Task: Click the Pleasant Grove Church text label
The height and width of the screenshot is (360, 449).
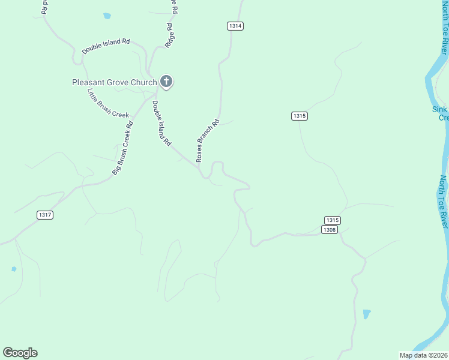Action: pyautogui.click(x=114, y=82)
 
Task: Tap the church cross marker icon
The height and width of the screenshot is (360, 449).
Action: pyautogui.click(x=166, y=82)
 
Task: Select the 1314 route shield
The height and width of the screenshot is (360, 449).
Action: pyautogui.click(x=235, y=26)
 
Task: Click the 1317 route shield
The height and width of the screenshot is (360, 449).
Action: pyautogui.click(x=44, y=215)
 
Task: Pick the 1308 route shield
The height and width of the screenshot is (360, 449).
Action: pyautogui.click(x=329, y=230)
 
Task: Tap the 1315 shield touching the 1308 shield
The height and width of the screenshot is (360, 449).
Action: pyautogui.click(x=333, y=220)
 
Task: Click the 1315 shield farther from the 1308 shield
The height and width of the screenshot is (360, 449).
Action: pyautogui.click(x=300, y=116)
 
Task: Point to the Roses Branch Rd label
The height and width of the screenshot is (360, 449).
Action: pyautogui.click(x=207, y=140)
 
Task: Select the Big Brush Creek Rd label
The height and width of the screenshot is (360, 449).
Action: pyautogui.click(x=122, y=148)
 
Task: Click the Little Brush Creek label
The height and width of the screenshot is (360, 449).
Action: pyautogui.click(x=108, y=103)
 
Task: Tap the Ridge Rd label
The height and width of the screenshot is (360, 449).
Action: pyautogui.click(x=170, y=35)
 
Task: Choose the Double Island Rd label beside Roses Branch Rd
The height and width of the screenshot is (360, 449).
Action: pyautogui.click(x=161, y=124)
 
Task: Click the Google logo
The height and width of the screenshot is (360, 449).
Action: pyautogui.click(x=20, y=353)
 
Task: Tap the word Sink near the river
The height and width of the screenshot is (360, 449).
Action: pyautogui.click(x=440, y=109)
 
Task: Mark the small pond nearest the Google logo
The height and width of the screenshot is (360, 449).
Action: pyautogui.click(x=14, y=269)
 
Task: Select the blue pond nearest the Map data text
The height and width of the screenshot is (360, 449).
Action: pyautogui.click(x=367, y=314)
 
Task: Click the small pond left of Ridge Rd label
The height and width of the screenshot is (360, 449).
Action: pyautogui.click(x=107, y=16)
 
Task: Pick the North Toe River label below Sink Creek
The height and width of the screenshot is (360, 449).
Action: pyautogui.click(x=444, y=201)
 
